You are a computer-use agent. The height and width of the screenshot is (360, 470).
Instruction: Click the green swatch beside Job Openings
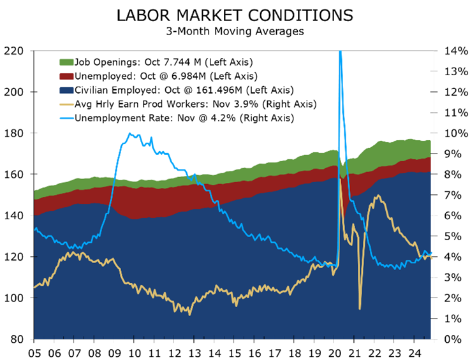point(66,62)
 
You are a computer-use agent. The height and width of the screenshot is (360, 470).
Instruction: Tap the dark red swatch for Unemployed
point(66,76)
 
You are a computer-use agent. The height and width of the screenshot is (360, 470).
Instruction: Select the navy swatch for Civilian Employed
point(66,90)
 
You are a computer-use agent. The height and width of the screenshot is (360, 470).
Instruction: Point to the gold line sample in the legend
point(66,104)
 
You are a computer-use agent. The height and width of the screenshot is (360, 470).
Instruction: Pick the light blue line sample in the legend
point(66,118)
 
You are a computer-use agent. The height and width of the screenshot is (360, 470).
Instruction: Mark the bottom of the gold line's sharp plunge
point(360,309)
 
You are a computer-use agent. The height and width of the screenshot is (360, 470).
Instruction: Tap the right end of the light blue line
point(432,254)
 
